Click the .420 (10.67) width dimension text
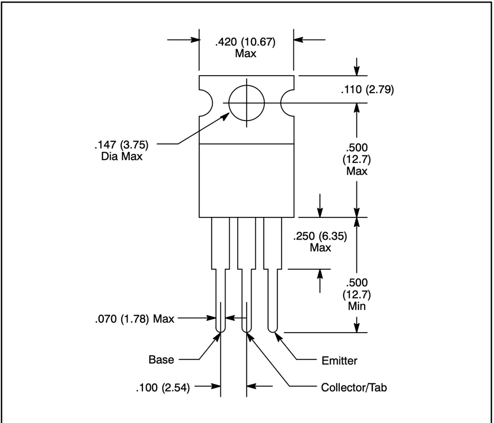click(245, 42)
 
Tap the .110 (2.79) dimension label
click(367, 89)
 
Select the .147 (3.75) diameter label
click(122, 145)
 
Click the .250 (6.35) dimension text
click(320, 236)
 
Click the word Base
click(161, 360)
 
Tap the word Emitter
click(339, 361)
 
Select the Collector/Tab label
click(354, 388)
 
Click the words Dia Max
click(122, 157)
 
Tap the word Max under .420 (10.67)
click(245, 53)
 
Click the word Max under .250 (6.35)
click(320, 247)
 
